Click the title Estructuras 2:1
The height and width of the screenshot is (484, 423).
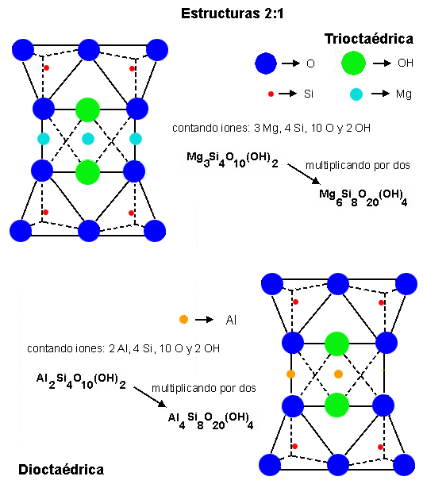pyautogui.click(x=233, y=13)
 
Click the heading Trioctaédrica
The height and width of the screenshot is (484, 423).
pyautogui.click(x=369, y=39)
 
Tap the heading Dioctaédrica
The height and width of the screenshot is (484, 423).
pyautogui.click(x=61, y=470)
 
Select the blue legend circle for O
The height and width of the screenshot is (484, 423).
pyautogui.click(x=266, y=63)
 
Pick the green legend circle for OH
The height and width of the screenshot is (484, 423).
pyautogui.click(x=353, y=63)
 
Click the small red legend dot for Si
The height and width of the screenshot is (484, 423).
pyautogui.click(x=271, y=94)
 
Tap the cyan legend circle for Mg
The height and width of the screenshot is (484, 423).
pyautogui.click(x=356, y=94)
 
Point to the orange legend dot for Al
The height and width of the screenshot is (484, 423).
pyautogui.click(x=183, y=319)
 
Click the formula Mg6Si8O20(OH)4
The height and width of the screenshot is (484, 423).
pyautogui.click(x=363, y=198)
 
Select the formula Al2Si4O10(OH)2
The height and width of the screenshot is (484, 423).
pyautogui.click(x=81, y=381)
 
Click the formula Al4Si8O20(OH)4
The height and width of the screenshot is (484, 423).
pyautogui.click(x=211, y=421)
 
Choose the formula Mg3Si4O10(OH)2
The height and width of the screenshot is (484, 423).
pyautogui.click(x=233, y=159)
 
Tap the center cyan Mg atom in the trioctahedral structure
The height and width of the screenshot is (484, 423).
pyautogui.click(x=88, y=139)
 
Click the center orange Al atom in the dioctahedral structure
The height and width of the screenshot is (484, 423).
pyautogui.click(x=338, y=375)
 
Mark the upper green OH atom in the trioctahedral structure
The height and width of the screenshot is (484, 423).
pyautogui.click(x=87, y=109)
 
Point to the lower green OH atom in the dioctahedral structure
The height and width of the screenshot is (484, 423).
pyautogui.click(x=336, y=405)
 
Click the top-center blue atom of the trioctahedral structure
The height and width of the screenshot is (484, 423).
pyautogui.click(x=89, y=50)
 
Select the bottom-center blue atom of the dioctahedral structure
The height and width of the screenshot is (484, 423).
pyautogui.click(x=338, y=465)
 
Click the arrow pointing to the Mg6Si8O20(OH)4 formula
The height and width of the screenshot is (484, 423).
pyautogui.click(x=304, y=174)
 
